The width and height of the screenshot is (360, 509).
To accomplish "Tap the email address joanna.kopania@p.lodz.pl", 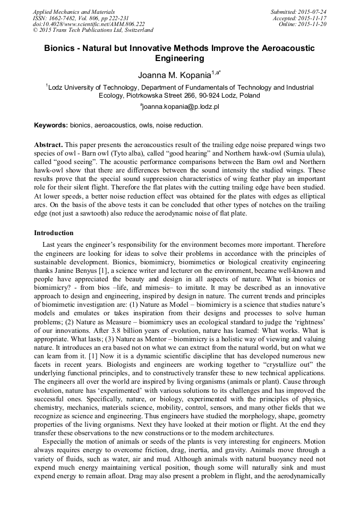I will point(181,106).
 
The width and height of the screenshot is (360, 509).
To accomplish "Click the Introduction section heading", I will point(54,233).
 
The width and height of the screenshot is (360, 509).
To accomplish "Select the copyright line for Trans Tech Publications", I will point(93,30).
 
